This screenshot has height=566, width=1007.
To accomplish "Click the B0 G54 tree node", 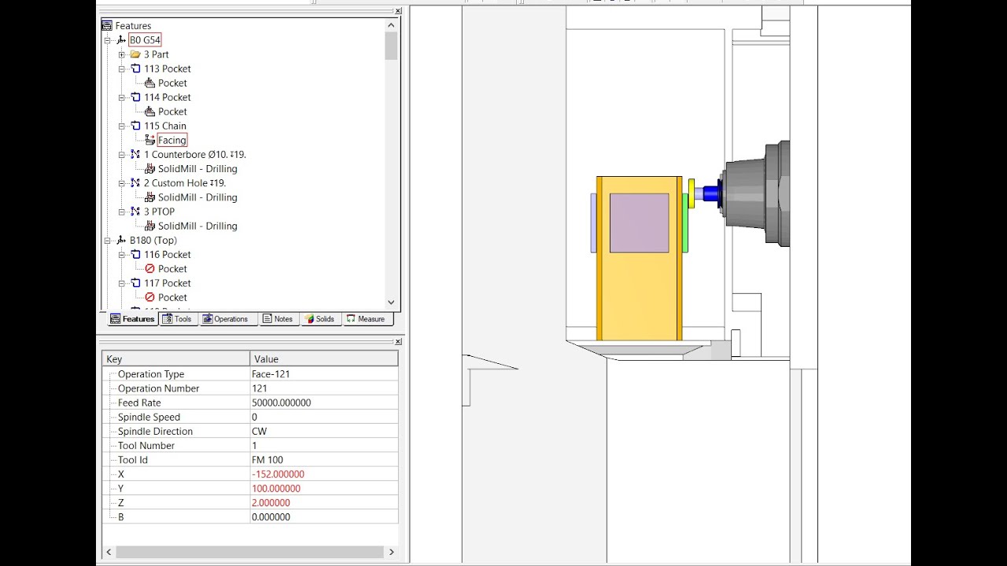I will (x=145, y=40).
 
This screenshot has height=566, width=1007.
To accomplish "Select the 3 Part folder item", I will (x=156, y=54).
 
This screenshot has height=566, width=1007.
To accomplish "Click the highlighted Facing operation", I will (x=172, y=140).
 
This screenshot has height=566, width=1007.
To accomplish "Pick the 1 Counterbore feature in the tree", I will (x=194, y=155).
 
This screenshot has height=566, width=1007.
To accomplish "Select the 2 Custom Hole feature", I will (x=184, y=183).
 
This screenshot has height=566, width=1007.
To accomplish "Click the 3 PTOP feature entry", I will (x=159, y=211).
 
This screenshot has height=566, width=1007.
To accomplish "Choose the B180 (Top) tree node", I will (x=153, y=241).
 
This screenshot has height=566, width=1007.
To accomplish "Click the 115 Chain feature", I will (x=164, y=126).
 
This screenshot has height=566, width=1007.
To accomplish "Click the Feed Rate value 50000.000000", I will (x=281, y=402).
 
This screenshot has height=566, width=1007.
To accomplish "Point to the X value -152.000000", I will (x=278, y=474).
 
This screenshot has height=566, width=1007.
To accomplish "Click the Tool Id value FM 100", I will (x=267, y=460).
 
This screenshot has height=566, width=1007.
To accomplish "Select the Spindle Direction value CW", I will (x=259, y=432).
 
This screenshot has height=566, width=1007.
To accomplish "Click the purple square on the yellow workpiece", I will (x=639, y=222).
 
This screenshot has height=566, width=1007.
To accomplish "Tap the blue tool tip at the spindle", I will (x=710, y=193).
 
